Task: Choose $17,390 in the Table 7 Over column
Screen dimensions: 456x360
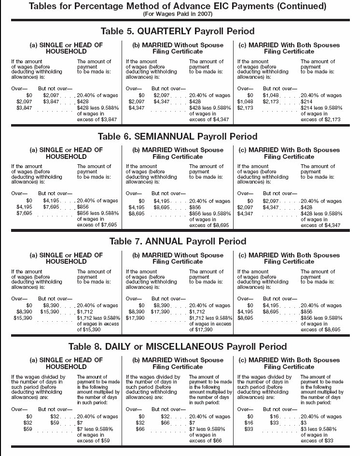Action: point(135,319)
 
